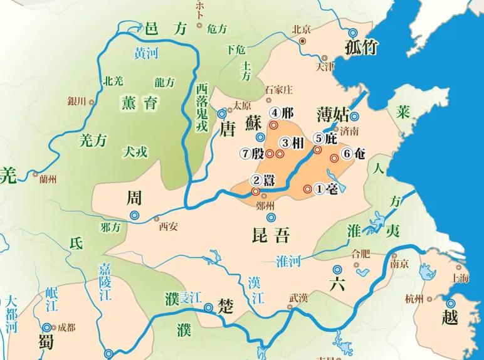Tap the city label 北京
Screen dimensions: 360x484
coord(302,29)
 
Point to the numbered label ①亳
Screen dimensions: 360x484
coord(325,188)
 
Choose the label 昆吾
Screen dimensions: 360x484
coord(270,236)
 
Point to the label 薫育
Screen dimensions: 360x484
coord(141,103)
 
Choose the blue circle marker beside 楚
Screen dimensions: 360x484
coord(209,307)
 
